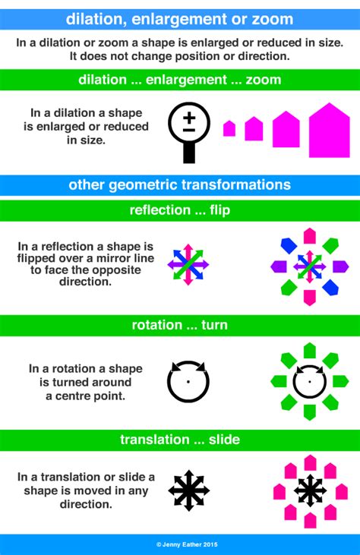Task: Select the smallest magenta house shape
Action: pyautogui.click(x=229, y=129)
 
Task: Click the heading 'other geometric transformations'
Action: pyautogui.click(x=179, y=184)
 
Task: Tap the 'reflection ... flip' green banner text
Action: pyautogui.click(x=179, y=210)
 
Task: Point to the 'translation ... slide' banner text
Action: pyautogui.click(x=179, y=440)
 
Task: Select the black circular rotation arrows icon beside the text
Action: pyautogui.click(x=188, y=382)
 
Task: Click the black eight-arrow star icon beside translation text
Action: pyautogui.click(x=188, y=490)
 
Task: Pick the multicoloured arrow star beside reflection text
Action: pyautogui.click(x=188, y=265)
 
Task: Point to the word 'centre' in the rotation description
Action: pyautogui.click(x=63, y=396)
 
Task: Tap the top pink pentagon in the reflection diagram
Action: pyautogui.click(x=310, y=235)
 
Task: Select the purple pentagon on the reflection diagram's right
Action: pyautogui.click(x=340, y=266)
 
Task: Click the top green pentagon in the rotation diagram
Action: pyautogui.click(x=309, y=350)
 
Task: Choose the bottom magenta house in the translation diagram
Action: pyautogui.click(x=310, y=521)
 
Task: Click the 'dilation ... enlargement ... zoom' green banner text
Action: pyautogui.click(x=179, y=80)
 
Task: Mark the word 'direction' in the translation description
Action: pyautogui.click(x=84, y=504)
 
